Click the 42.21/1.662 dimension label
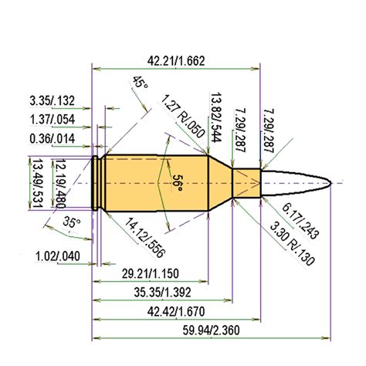[175, 61]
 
